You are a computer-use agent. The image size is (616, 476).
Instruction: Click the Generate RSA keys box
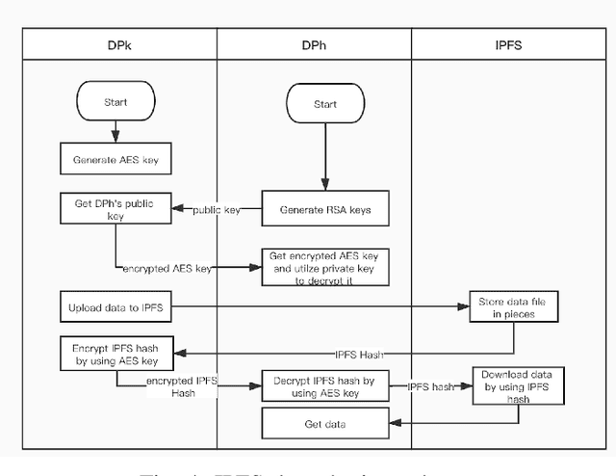[324, 210]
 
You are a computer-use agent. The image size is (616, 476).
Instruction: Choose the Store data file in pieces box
[512, 306]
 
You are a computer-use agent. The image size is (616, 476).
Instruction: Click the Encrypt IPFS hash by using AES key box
[115, 355]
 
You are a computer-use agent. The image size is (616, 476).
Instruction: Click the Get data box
[324, 423]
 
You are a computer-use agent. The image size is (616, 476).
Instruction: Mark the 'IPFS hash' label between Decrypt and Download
[430, 386]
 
